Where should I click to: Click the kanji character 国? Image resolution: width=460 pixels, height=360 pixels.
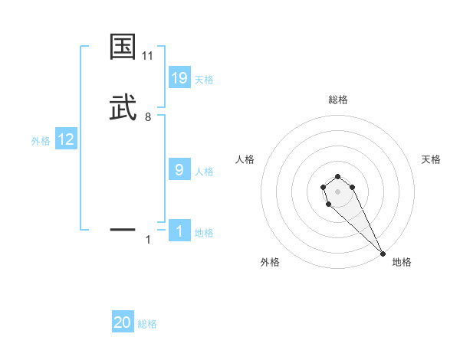point(123,47)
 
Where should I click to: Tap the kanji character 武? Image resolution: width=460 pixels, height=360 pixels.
point(123,108)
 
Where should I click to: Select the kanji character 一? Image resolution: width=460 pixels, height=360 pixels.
point(123,229)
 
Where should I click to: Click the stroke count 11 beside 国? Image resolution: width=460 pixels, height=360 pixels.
point(148,56)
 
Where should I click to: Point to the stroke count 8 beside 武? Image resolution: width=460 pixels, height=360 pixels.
point(148,117)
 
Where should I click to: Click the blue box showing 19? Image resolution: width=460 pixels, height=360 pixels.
point(179,77)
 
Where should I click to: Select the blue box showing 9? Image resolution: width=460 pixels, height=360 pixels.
point(179,170)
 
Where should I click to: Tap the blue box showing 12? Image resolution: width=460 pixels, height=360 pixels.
point(66,140)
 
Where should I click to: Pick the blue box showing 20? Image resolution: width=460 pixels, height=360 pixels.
point(123,323)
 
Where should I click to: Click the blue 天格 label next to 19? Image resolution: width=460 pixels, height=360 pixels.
point(204,79)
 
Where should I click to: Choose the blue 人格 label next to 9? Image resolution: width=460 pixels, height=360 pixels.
point(204,172)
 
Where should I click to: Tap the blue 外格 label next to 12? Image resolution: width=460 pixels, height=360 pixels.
point(40,141)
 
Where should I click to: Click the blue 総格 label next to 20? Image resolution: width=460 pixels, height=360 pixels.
point(147,324)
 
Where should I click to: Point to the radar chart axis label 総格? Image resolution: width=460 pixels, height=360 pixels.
point(338,100)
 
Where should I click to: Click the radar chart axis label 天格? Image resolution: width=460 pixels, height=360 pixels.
point(431,159)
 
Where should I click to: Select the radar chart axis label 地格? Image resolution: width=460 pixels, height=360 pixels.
point(402,262)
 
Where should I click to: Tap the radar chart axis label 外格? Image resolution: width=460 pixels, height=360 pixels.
point(270,262)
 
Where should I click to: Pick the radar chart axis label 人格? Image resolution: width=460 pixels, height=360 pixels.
point(245,159)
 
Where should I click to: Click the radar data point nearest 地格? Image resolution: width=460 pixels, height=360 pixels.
point(383,253)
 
